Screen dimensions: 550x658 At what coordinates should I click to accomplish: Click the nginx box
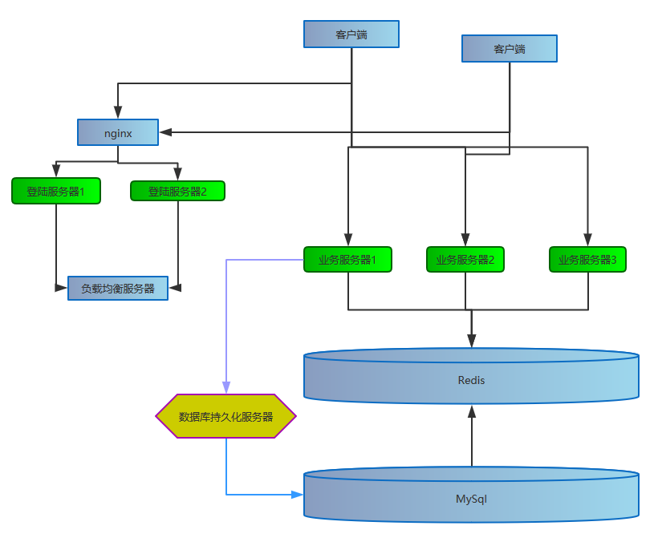[x=118, y=132]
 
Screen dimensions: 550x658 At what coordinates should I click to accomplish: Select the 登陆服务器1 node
[x=56, y=191]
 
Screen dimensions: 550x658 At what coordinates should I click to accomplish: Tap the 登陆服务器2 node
[x=177, y=191]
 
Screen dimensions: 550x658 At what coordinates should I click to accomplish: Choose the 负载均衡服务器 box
[x=118, y=288]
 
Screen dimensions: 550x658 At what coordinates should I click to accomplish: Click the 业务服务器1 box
[x=347, y=259]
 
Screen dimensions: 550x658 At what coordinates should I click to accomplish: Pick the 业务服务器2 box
[x=465, y=259]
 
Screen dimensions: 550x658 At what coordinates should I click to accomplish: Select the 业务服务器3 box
[x=587, y=259]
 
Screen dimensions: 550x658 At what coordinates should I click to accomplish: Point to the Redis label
[x=471, y=380]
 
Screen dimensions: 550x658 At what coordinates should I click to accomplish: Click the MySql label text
[x=471, y=499]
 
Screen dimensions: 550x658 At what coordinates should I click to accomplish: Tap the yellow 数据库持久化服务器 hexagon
[x=225, y=416]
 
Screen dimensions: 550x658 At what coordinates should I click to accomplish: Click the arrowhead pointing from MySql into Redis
[x=472, y=411]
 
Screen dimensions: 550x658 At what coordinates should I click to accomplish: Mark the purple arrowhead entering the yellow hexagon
[x=226, y=388]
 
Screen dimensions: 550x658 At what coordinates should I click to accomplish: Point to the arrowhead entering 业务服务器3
[x=587, y=240]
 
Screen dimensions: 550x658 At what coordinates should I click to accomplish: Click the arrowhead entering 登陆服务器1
[x=56, y=172]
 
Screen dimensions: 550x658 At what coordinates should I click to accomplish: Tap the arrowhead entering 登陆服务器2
[x=177, y=172]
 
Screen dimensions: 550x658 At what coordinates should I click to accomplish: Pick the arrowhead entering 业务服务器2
[x=465, y=240]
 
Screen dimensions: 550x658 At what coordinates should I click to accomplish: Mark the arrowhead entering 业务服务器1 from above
[x=347, y=240]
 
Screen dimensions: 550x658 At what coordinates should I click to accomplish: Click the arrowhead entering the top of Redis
[x=472, y=342]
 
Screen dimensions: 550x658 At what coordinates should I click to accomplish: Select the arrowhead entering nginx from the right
[x=165, y=132]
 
